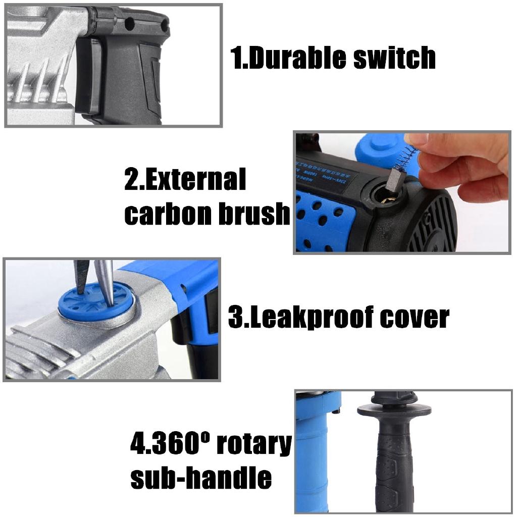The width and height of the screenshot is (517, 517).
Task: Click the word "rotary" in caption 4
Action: pos(254,444)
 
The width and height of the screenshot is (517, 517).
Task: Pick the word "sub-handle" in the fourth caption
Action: pos(201,477)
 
